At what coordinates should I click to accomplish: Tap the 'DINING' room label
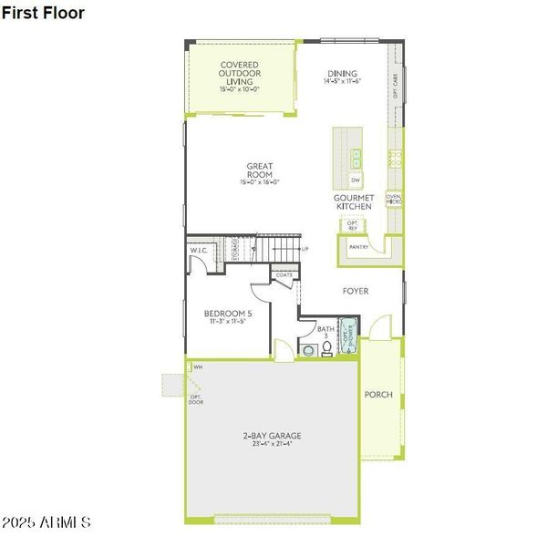(343, 74)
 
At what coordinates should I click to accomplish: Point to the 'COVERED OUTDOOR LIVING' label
(240, 73)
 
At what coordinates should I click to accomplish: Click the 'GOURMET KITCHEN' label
(353, 202)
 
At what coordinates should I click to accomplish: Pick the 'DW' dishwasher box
(356, 181)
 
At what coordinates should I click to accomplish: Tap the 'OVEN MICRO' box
(394, 199)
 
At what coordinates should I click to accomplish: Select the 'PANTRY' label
(359, 244)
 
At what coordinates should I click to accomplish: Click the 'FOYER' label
(356, 292)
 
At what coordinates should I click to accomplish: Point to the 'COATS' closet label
(284, 273)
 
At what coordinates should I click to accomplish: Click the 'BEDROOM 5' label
(228, 314)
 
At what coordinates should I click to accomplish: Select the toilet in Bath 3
(308, 349)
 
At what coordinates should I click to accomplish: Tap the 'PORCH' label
(378, 395)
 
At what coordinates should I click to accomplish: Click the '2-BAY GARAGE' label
(272, 436)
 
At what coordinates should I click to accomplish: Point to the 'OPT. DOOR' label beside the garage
(195, 399)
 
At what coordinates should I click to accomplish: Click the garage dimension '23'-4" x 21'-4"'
(272, 445)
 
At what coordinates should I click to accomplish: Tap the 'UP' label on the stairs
(305, 249)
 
